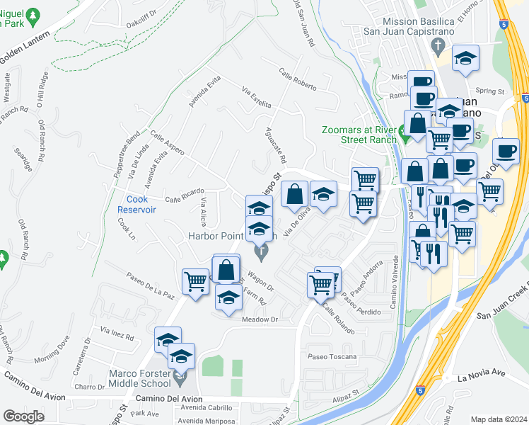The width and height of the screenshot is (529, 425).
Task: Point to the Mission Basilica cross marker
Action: click(438, 47)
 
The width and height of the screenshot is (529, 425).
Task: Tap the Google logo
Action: click(24, 416)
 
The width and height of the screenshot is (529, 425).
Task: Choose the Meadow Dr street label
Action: click(260, 319)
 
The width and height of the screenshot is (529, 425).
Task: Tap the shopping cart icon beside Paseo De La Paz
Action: click(195, 280)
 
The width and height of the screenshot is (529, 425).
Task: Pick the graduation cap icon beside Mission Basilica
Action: click(465, 59)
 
